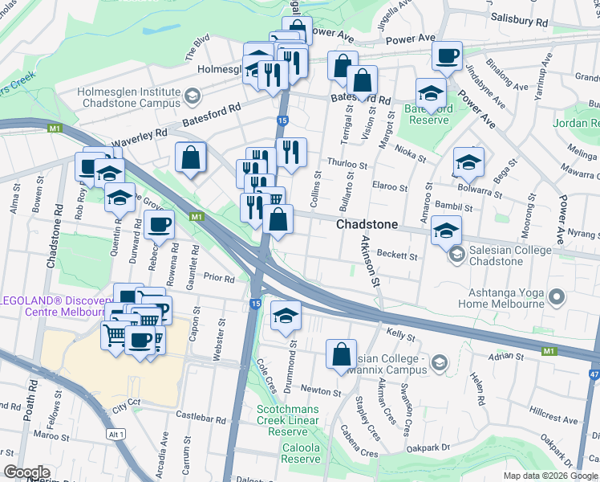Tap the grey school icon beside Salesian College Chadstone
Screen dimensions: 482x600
pyautogui.click(x=456, y=255)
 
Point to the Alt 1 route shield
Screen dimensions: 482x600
pyautogui.click(x=116, y=434)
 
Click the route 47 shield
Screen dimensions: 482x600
pyautogui.click(x=592, y=374)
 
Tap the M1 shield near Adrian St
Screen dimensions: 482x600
pyautogui.click(x=549, y=352)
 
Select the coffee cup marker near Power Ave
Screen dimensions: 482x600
pyautogui.click(x=446, y=56)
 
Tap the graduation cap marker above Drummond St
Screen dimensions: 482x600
pyautogui.click(x=286, y=316)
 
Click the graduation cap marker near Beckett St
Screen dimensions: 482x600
pyautogui.click(x=446, y=231)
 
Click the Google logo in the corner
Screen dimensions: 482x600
pyautogui.click(x=26, y=472)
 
